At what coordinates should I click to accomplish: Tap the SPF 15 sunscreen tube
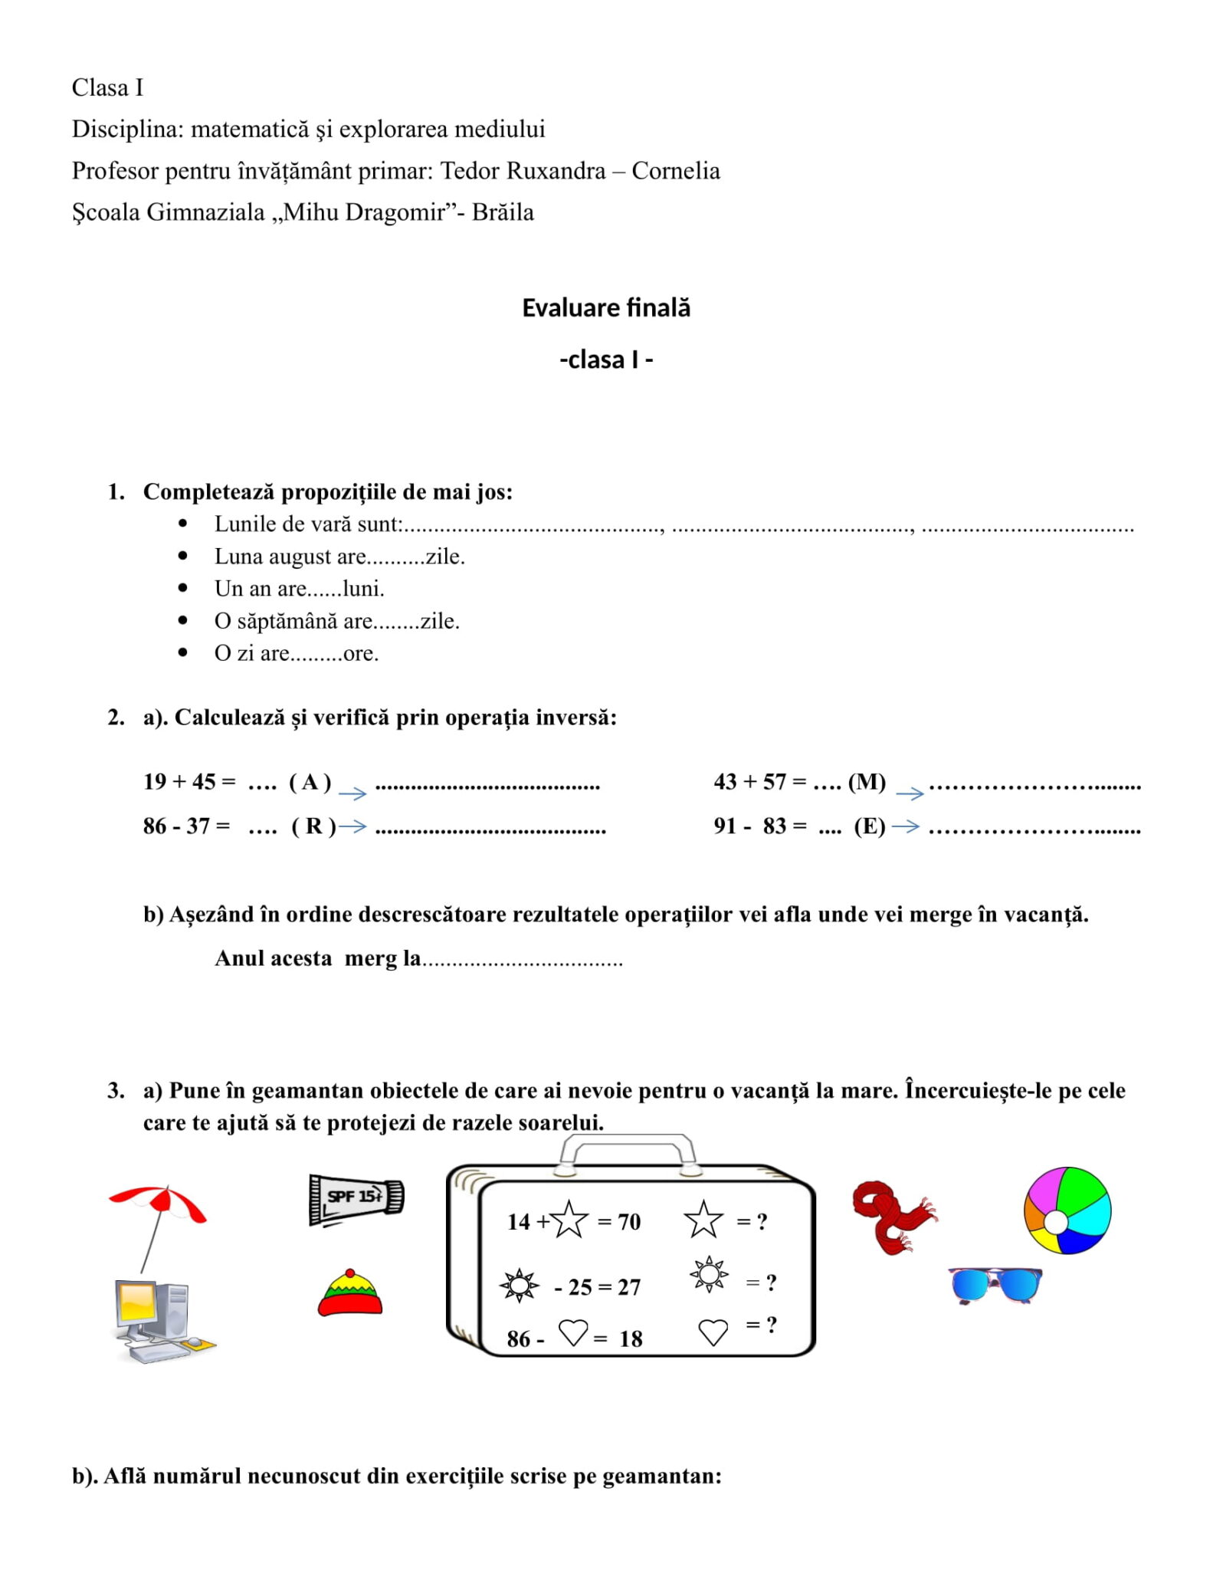point(356,1198)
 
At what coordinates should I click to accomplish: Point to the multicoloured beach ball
point(1067,1210)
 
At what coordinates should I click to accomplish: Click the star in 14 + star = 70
point(569,1220)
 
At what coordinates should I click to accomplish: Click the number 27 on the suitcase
point(628,1287)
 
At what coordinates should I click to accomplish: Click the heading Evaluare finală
point(605,307)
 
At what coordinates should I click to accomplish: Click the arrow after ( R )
point(353,826)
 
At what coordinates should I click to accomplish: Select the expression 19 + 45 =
point(189,782)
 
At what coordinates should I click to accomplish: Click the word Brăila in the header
point(503,212)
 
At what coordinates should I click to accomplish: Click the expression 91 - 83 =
point(759,826)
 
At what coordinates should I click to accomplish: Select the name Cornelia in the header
point(675,171)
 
